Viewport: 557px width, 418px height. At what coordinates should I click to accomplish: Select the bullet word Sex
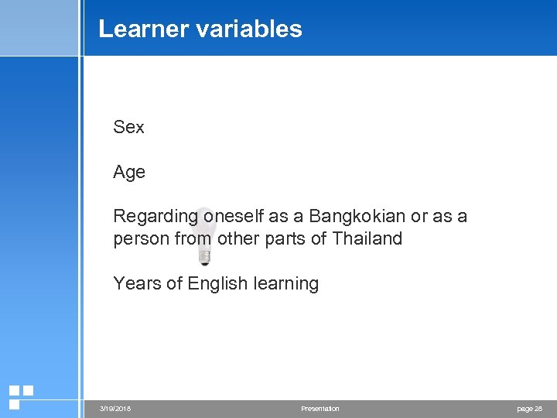point(128,127)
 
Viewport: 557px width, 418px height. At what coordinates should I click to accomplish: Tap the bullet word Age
point(129,173)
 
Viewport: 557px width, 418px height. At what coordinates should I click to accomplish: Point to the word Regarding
point(155,217)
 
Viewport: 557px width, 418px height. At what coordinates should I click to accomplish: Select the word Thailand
point(367,238)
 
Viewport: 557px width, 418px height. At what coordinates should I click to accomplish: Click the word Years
point(136,283)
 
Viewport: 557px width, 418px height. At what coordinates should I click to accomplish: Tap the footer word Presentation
point(320,409)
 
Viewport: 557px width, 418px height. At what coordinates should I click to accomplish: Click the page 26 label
point(528,409)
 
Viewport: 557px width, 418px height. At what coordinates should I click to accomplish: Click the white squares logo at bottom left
point(20,396)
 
